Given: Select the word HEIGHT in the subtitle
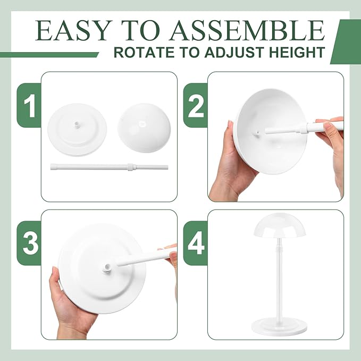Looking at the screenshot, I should click(x=297, y=53).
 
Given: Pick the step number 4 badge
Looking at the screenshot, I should click(x=195, y=244).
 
